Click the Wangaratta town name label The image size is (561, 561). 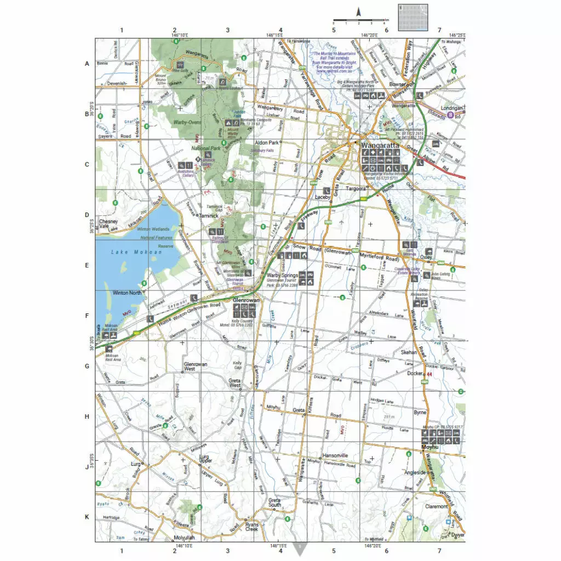click(x=380, y=146)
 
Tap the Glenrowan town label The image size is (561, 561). click(x=245, y=301)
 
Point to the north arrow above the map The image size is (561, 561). click(x=359, y=12)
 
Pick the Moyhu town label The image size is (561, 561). click(x=431, y=447)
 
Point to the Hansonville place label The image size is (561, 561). click(x=335, y=456)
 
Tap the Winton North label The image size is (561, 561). click(x=127, y=293)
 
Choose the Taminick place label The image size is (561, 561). click(x=209, y=216)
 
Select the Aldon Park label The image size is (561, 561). click(x=267, y=142)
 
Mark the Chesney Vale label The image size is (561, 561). click(x=108, y=224)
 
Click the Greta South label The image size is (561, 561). click(x=274, y=502)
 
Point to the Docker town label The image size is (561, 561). click(x=415, y=374)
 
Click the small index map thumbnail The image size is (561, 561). click(x=414, y=17)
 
